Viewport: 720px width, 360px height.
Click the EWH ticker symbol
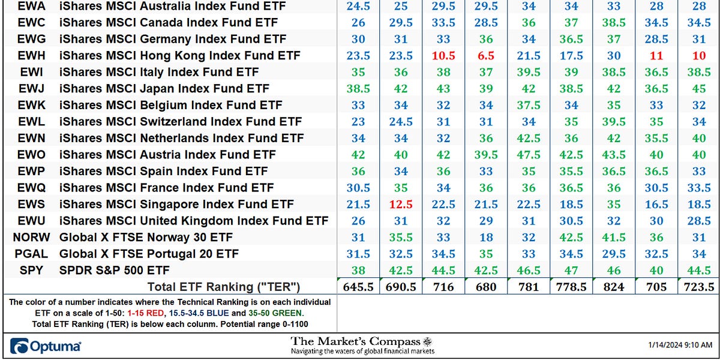[x=31, y=56]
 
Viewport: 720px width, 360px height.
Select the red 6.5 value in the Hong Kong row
[x=486, y=56]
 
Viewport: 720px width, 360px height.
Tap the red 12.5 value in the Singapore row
[x=401, y=204]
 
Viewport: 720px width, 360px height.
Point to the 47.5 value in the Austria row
[x=529, y=155]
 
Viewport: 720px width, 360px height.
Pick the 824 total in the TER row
[x=614, y=286]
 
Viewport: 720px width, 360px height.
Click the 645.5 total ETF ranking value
[x=358, y=286]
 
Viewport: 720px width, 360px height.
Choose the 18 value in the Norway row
[x=486, y=237]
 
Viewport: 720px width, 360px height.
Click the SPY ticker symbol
[x=31, y=270]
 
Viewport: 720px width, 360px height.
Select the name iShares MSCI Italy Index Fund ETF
[x=159, y=73]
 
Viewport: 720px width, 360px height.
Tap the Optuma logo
[x=46, y=346]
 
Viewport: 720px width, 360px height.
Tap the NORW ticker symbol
[x=31, y=237]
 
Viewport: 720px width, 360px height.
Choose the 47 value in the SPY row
[x=571, y=270]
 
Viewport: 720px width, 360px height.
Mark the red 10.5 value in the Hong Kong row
[x=443, y=56]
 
